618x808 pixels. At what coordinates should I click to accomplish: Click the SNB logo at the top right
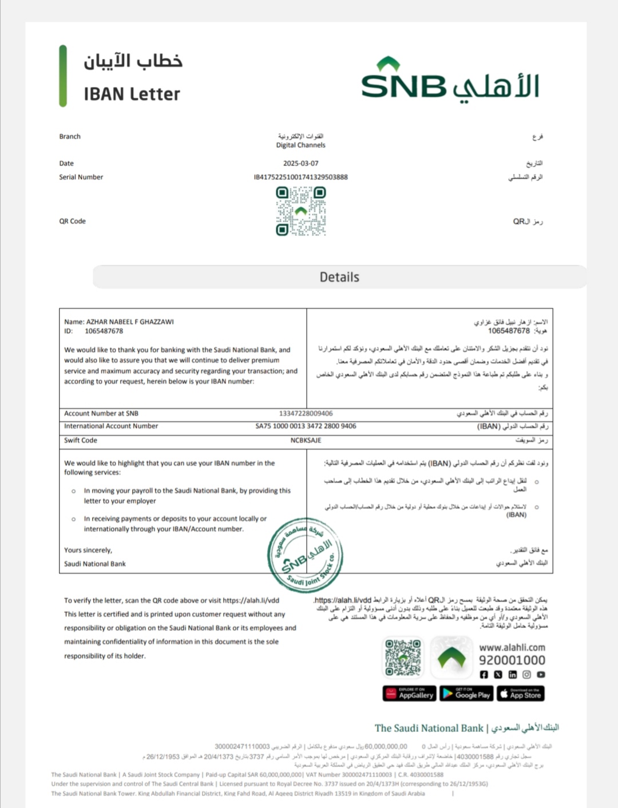tap(450, 81)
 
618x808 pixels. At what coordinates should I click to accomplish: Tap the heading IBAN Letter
tap(132, 94)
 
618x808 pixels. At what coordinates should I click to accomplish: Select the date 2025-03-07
tap(301, 164)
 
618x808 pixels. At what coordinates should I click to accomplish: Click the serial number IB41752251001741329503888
tap(301, 177)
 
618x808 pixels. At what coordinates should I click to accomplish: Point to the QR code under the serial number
tap(301, 211)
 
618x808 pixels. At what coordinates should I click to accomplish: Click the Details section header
tap(339, 277)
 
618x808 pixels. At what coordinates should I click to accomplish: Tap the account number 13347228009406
tap(306, 413)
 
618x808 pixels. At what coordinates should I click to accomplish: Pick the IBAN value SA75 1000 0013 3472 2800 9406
tap(306, 426)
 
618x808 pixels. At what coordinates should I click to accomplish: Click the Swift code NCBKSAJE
tap(306, 440)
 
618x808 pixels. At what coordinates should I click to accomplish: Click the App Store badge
tap(521, 694)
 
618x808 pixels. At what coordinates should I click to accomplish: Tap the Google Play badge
tap(467, 694)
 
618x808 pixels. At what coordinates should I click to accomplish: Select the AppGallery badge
tap(410, 694)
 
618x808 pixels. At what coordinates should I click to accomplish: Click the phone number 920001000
tap(512, 660)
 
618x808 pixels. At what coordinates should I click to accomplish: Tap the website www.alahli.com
tap(512, 647)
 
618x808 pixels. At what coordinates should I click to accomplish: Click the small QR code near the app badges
tap(403, 658)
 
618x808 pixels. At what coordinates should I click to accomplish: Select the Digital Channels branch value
tap(301, 145)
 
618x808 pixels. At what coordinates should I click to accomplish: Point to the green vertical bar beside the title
tap(63, 76)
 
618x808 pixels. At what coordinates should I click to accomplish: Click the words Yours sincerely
tap(88, 550)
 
